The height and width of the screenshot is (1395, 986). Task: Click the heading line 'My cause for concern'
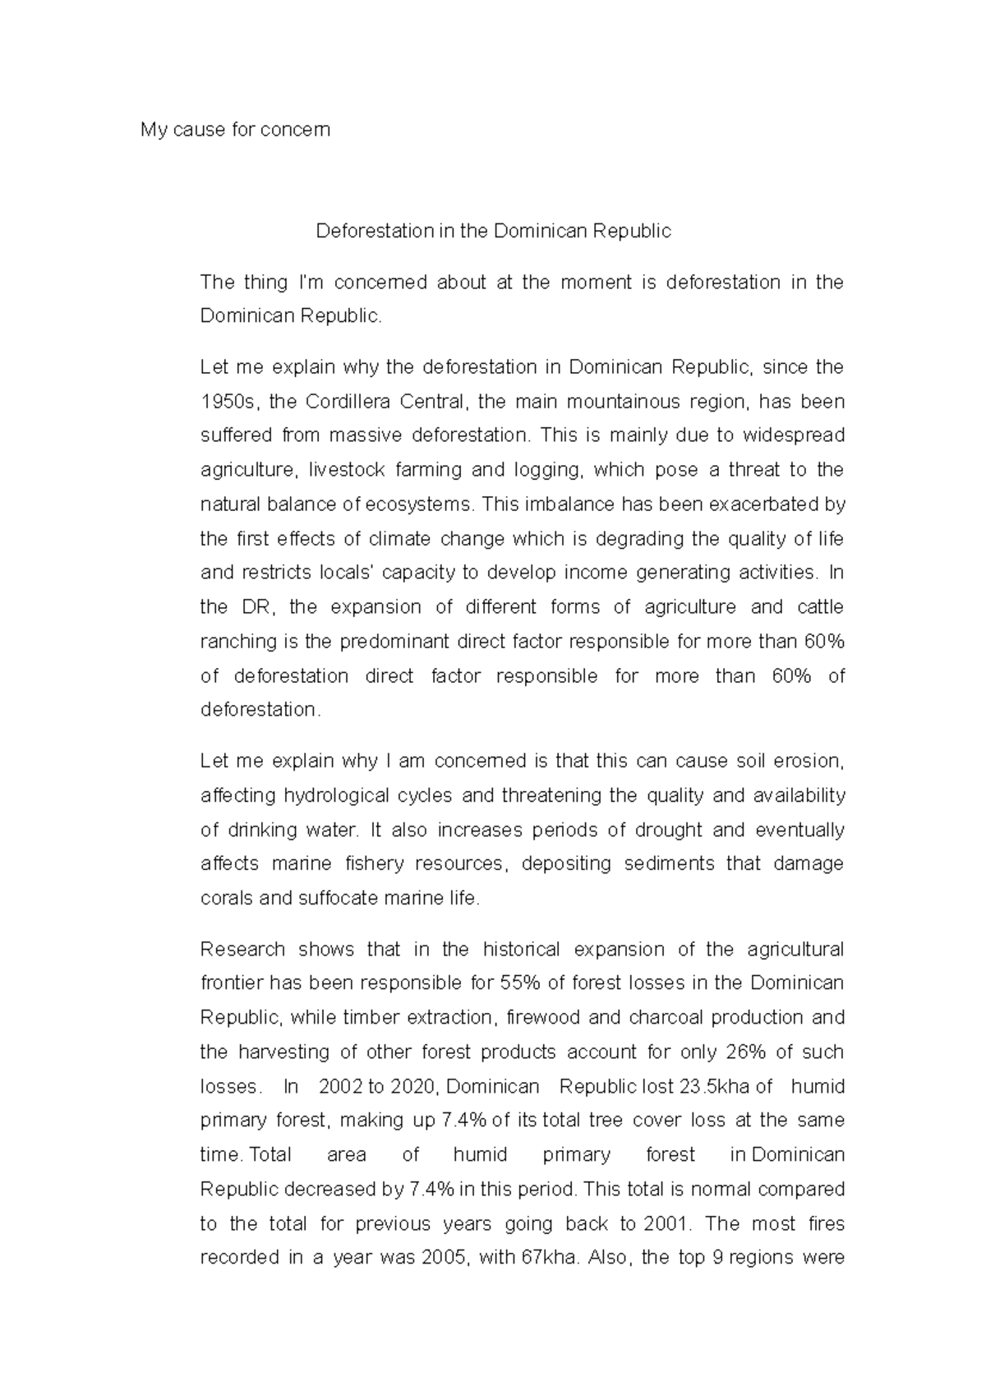pyautogui.click(x=235, y=130)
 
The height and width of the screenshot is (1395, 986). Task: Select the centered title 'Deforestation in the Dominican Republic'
pyautogui.click(x=494, y=232)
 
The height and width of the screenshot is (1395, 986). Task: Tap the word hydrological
pyautogui.click(x=335, y=796)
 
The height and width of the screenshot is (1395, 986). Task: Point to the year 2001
pyautogui.click(x=662, y=1224)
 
